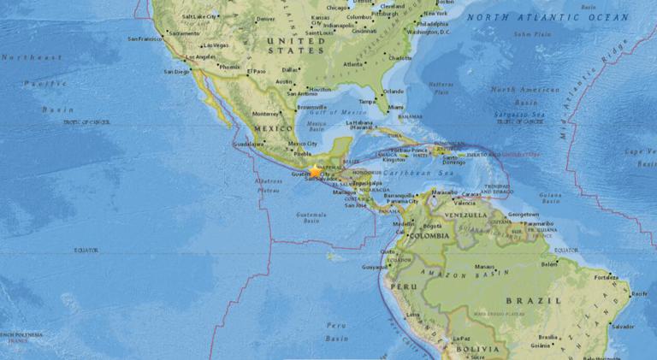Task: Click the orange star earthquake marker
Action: [315, 171]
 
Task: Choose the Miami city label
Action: [395, 107]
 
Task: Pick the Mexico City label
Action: [303, 144]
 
